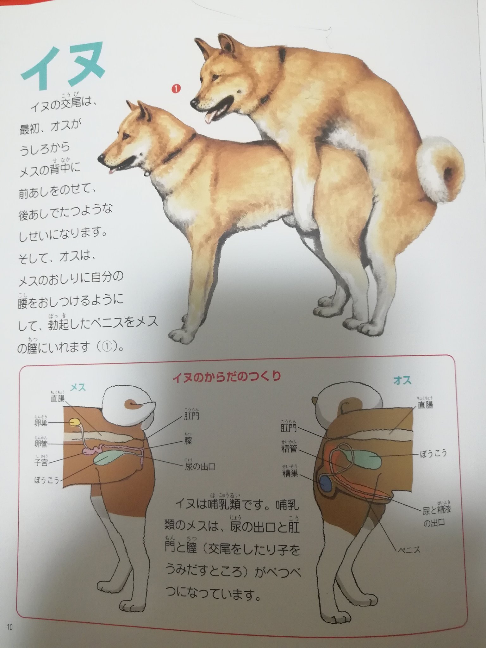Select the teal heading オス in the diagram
click(402, 380)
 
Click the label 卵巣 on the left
click(41, 423)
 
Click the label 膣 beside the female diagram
click(188, 441)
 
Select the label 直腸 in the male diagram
click(425, 405)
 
